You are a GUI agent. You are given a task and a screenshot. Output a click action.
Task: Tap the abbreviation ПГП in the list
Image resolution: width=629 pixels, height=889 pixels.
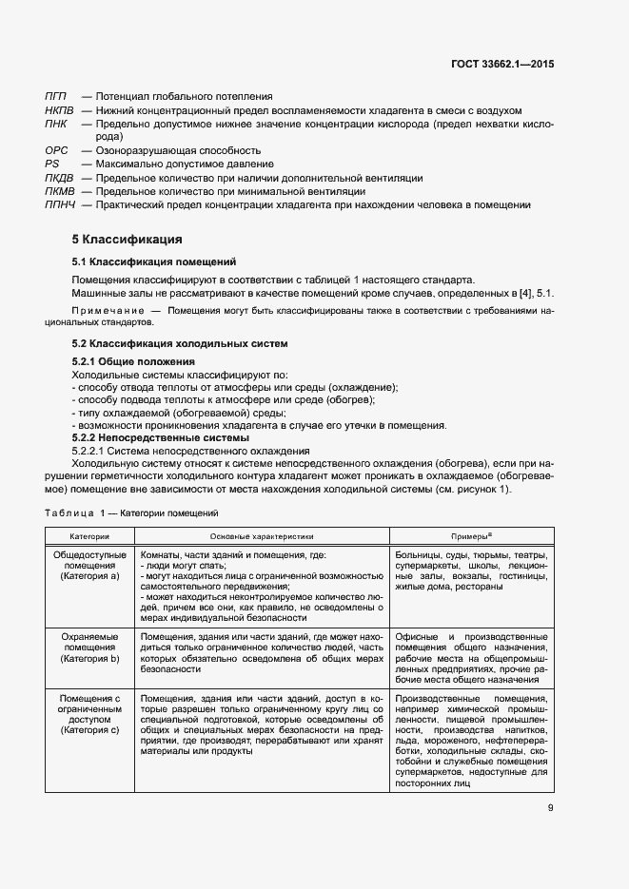coord(55,96)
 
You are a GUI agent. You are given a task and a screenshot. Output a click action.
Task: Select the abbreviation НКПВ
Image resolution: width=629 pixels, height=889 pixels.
coord(59,110)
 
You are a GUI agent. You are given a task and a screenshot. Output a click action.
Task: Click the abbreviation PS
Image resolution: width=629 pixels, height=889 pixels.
coord(51,164)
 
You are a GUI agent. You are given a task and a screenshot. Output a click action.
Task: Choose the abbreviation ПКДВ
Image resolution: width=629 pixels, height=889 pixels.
coord(59,178)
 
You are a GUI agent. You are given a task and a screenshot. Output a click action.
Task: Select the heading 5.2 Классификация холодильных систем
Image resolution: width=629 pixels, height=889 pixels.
coord(180,342)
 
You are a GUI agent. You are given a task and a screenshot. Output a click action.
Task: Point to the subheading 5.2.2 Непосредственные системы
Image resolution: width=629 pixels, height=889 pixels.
coord(161,437)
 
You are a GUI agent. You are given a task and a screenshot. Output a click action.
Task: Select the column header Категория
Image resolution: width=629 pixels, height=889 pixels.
coord(89,537)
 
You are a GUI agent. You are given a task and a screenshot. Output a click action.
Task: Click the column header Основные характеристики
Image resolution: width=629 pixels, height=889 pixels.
coord(261,537)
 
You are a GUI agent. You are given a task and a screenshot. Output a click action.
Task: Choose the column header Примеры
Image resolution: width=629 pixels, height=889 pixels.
coord(469,537)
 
